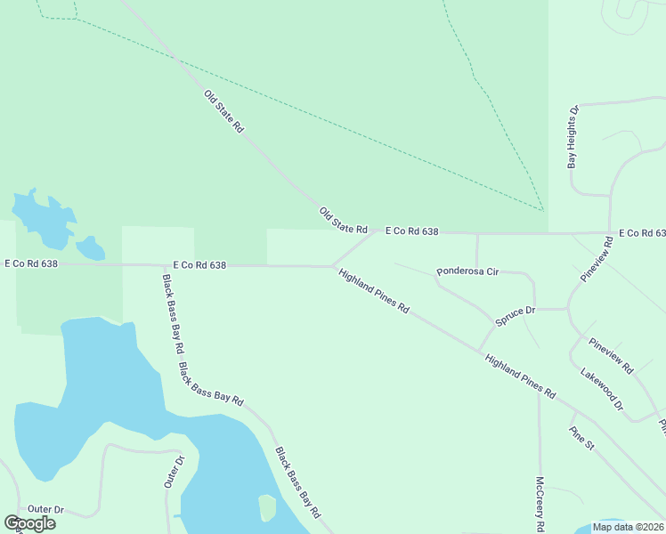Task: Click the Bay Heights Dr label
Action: (573, 137)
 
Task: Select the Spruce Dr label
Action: (515, 311)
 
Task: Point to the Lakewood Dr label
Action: (602, 389)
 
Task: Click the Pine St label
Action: (581, 438)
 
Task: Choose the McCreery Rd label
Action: (540, 504)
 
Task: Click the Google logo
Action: (30, 522)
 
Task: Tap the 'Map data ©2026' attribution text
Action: (628, 527)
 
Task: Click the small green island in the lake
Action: (266, 507)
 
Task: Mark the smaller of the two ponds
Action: (90, 247)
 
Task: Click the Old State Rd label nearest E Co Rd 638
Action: (344, 220)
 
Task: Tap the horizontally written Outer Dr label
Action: (45, 509)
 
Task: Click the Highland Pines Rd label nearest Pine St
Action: (520, 376)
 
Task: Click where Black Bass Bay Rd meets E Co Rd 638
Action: (162, 265)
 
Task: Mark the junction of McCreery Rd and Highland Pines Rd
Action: (539, 391)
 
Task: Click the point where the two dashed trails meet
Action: (542, 210)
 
